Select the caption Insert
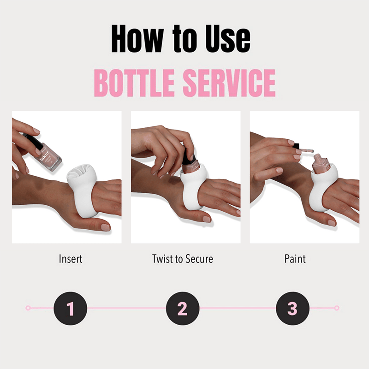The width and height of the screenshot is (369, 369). [x=70, y=259]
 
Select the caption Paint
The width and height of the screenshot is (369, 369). [x=295, y=259]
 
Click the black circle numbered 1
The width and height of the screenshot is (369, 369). [x=71, y=308]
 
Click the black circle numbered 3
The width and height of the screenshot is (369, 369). [x=292, y=308]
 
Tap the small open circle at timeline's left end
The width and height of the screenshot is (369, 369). [x=28, y=308]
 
